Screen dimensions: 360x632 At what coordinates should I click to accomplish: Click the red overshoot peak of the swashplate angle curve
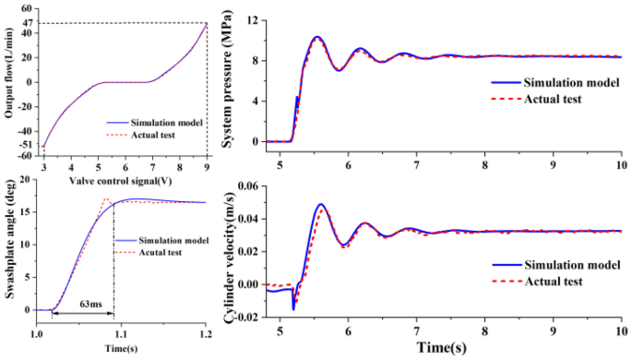106,198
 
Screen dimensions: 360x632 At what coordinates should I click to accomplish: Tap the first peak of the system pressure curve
316,38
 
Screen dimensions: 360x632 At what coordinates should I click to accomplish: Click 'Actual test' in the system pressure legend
553,98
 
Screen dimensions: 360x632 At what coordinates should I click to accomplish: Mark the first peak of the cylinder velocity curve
321,205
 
